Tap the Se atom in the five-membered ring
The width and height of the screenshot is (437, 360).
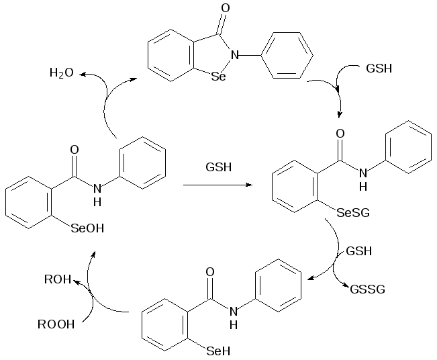(x=219, y=77)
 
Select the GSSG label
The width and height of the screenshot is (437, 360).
(x=367, y=290)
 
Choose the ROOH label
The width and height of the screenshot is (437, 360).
(x=56, y=326)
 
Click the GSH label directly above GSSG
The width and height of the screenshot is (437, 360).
(x=359, y=252)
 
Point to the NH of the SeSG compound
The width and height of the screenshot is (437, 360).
(x=362, y=174)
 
